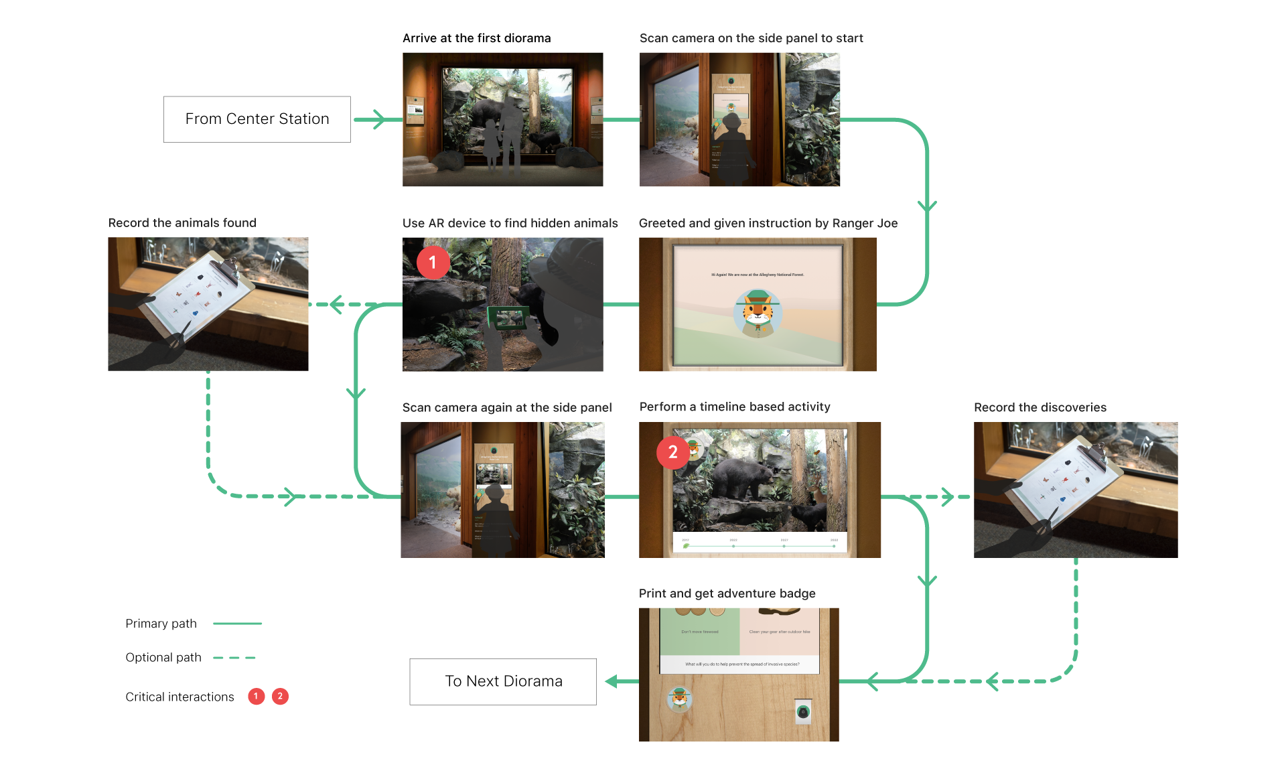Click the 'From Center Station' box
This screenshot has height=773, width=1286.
(257, 119)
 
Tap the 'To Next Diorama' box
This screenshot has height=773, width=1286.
(503, 681)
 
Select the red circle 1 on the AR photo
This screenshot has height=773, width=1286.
(433, 263)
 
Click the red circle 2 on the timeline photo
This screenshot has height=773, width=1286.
(672, 453)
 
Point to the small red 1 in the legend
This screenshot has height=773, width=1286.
(256, 697)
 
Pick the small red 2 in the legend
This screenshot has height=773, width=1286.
(280, 697)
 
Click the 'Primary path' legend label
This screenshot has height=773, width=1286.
(161, 624)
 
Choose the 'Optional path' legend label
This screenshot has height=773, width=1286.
(163, 657)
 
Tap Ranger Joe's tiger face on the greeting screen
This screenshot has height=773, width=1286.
(758, 310)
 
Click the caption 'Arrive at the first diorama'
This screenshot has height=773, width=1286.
(476, 38)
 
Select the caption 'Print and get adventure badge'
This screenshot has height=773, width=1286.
(727, 593)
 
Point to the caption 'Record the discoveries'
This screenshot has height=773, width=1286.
(1040, 407)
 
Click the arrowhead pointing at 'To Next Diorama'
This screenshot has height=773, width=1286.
(612, 681)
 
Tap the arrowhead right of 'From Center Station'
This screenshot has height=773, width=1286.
(378, 119)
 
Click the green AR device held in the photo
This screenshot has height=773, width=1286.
(508, 318)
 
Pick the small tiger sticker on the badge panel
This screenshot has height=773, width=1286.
(679, 699)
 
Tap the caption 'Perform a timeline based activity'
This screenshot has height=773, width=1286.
(735, 407)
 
